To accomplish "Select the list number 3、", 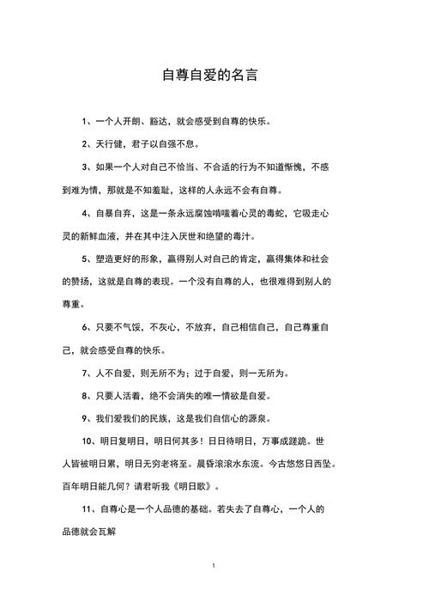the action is click(x=88, y=167).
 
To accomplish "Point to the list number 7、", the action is click(x=88, y=374).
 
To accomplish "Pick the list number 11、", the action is click(x=90, y=510).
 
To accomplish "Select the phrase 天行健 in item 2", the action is click(x=112, y=144).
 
